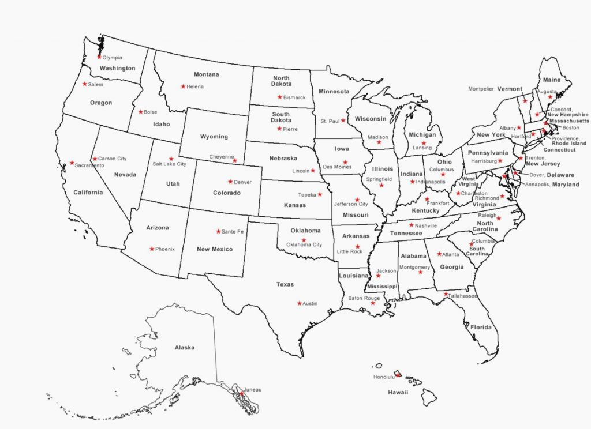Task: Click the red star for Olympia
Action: pos(99,57)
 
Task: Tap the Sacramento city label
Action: pos(90,165)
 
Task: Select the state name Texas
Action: pos(285,284)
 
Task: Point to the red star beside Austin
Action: pos(299,303)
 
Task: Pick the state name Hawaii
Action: pos(398,392)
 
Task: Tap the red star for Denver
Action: pos(230,182)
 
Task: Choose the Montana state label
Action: pos(206,74)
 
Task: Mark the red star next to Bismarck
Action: pos(279,97)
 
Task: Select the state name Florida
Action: pos(480,327)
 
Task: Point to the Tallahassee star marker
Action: pos(446,294)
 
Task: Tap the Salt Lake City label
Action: pos(169,164)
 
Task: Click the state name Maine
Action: pos(552,80)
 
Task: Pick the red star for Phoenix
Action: pos(152,249)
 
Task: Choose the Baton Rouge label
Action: pos(364,298)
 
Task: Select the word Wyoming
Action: pos(214,137)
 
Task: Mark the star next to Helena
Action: pos(183,86)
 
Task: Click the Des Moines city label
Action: pos(337,167)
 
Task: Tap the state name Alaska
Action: pos(185,348)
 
